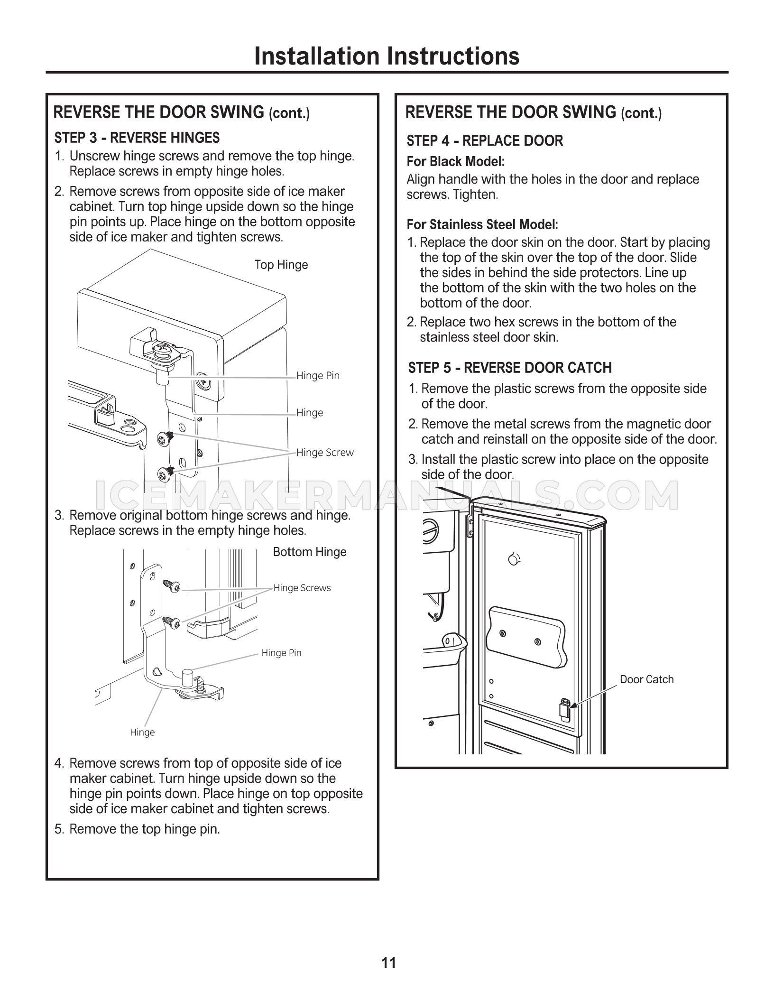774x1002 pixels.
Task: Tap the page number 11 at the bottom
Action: tap(388, 963)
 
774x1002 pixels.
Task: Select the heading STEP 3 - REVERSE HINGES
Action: tap(137, 138)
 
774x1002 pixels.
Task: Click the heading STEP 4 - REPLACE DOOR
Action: tap(485, 141)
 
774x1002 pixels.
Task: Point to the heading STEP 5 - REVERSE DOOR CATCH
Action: tap(510, 368)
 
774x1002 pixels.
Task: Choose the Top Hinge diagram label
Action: tap(281, 265)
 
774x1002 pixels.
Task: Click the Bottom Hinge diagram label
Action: tap(310, 552)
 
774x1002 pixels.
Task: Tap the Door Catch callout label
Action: tap(646, 679)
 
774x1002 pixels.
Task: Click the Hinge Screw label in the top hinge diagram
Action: tap(325, 453)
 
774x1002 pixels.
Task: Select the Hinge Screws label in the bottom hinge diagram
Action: tap(302, 588)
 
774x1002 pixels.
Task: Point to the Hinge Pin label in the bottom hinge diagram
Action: tap(281, 653)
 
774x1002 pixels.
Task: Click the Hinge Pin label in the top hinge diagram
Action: tap(318, 376)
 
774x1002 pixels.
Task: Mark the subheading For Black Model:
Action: tap(455, 162)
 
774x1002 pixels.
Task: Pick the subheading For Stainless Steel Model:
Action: tap(482, 224)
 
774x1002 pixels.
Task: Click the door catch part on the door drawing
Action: tap(564, 710)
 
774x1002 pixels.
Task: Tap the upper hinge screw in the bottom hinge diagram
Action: tap(171, 586)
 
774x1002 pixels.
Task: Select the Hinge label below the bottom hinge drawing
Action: tap(142, 733)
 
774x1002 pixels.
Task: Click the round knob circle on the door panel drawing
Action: tap(513, 560)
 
